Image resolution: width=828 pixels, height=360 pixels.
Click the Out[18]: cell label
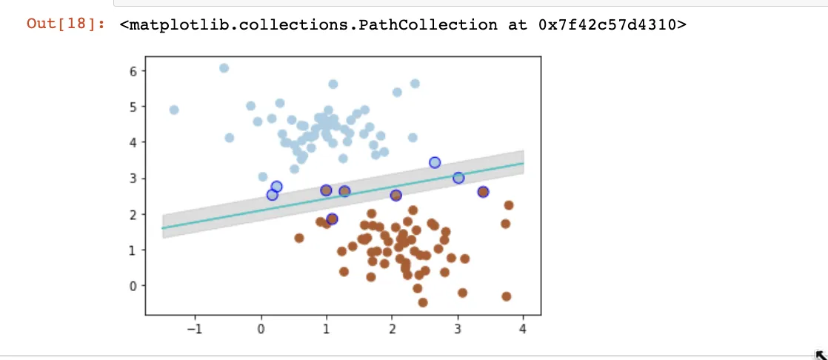[65, 24]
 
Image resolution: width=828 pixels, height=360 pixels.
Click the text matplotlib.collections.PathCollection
[308, 24]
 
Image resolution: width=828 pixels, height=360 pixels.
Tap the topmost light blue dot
[224, 68]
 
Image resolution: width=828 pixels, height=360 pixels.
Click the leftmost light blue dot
[174, 110]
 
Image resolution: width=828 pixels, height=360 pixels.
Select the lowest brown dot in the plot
[423, 302]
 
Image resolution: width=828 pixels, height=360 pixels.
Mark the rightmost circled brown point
[483, 192]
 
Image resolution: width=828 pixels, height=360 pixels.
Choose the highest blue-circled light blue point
[435, 163]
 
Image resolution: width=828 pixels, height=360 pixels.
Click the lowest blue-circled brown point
[332, 219]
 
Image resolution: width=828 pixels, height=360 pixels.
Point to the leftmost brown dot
[299, 238]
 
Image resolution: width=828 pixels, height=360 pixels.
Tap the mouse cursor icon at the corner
[820, 354]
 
